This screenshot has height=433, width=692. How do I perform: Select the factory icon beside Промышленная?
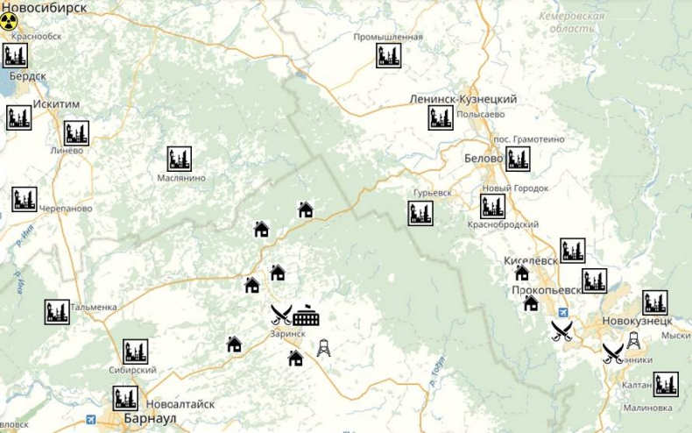(x=389, y=56)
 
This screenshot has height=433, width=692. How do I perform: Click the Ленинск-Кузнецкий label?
(x=463, y=100)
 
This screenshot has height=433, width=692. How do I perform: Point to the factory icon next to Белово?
(x=518, y=159)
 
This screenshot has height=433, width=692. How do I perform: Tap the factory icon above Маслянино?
(x=180, y=159)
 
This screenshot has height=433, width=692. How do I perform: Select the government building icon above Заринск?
(x=307, y=314)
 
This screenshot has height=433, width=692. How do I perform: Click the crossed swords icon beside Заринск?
(x=280, y=313)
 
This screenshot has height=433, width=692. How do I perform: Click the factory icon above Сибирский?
(x=135, y=351)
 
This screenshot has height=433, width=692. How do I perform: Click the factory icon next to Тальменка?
(x=57, y=312)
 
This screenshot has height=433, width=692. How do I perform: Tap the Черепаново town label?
(x=66, y=209)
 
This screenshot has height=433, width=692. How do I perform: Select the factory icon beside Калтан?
(x=666, y=383)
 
